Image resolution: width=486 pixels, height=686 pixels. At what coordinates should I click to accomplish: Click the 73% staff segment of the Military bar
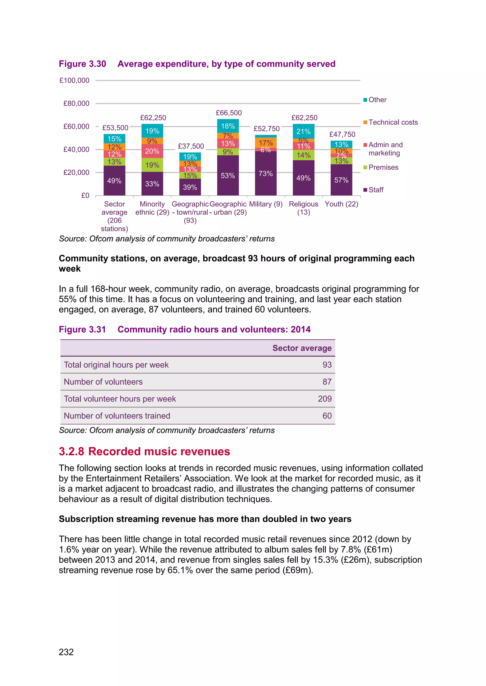click(266, 174)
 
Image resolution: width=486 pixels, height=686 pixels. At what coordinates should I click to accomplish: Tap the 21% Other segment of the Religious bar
click(304, 131)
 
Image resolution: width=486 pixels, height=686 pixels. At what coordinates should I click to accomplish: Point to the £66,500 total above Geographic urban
click(229, 113)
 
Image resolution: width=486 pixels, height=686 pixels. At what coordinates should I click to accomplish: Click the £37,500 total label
click(191, 146)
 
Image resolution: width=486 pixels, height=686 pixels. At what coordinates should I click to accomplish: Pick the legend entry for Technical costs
click(393, 122)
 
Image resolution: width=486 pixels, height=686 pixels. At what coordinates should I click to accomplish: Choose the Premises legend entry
click(383, 167)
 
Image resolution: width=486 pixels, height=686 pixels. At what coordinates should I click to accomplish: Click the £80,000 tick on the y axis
click(76, 103)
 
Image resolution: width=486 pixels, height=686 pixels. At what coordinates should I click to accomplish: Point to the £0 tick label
click(85, 195)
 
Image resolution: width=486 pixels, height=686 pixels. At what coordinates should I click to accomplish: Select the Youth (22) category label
click(341, 204)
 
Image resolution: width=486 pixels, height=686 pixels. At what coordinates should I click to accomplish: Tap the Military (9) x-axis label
click(266, 204)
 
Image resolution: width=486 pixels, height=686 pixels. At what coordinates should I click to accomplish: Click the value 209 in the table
click(325, 399)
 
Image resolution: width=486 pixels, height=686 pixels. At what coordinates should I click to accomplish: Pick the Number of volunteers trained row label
click(117, 416)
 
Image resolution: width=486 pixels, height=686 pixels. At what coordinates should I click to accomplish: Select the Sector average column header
click(302, 348)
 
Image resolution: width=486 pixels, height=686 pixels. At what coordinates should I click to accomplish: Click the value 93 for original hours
click(327, 365)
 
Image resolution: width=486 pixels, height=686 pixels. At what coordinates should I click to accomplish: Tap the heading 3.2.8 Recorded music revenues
click(144, 451)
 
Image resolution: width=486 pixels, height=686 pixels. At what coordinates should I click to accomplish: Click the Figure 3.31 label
click(82, 329)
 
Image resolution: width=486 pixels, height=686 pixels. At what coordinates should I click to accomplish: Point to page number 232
click(66, 652)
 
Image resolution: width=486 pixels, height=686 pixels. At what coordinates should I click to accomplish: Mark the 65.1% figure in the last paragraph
click(180, 570)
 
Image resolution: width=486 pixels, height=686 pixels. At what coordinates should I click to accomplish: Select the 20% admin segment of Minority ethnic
click(152, 151)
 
